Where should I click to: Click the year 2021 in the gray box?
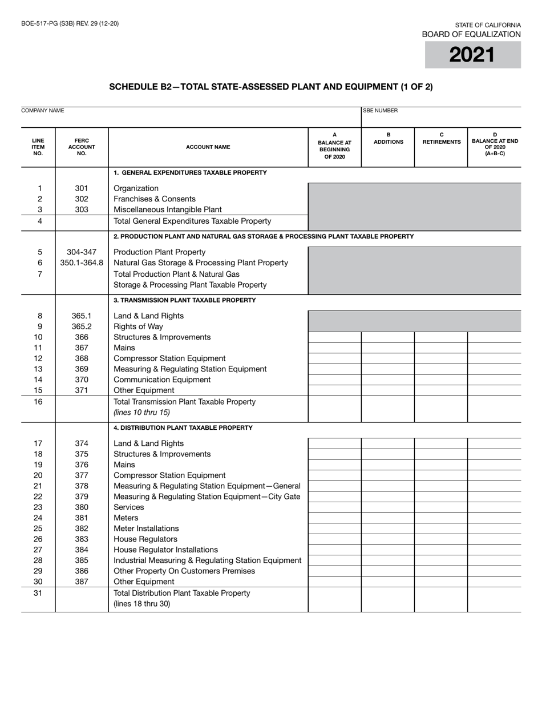click(472, 55)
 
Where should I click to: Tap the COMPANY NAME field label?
click(43, 111)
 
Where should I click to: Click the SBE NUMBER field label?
click(381, 111)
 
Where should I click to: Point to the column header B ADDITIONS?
click(388, 139)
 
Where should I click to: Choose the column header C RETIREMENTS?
click(441, 139)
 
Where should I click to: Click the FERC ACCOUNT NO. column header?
click(82, 147)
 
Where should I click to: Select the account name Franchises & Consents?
click(155, 199)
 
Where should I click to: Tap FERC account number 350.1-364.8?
click(82, 263)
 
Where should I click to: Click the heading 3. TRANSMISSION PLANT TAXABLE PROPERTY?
click(185, 300)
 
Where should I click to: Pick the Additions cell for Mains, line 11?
click(388, 348)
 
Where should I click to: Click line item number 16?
click(39, 402)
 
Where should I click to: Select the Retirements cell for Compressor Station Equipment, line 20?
click(441, 475)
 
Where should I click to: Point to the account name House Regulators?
click(145, 539)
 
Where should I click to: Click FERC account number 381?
click(82, 518)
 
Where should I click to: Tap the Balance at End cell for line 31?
click(494, 598)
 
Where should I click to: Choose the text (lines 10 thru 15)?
click(141, 412)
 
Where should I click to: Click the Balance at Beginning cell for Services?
click(334, 507)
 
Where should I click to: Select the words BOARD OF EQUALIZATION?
click(471, 34)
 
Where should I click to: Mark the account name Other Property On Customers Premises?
click(184, 571)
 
